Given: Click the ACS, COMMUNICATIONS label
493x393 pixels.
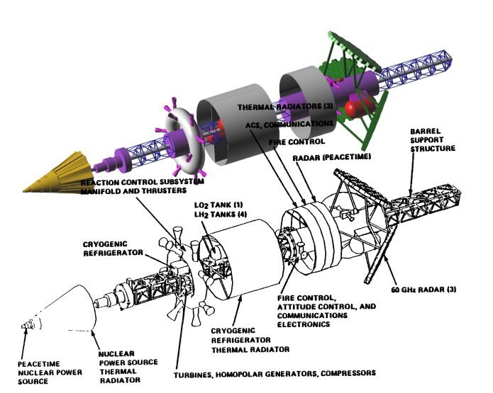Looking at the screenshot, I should pos(289,124).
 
